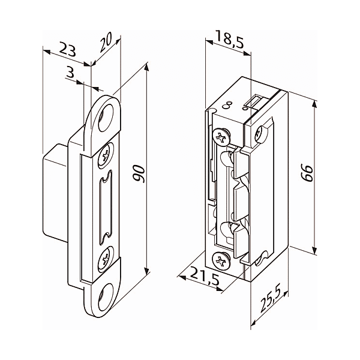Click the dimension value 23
click(67, 49)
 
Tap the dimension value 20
click(106, 43)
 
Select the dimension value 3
click(70, 71)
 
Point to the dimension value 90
click(139, 173)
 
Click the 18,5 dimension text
click(230, 40)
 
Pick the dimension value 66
click(307, 173)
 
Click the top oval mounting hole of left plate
click(106, 118)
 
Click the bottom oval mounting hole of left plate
click(106, 297)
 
